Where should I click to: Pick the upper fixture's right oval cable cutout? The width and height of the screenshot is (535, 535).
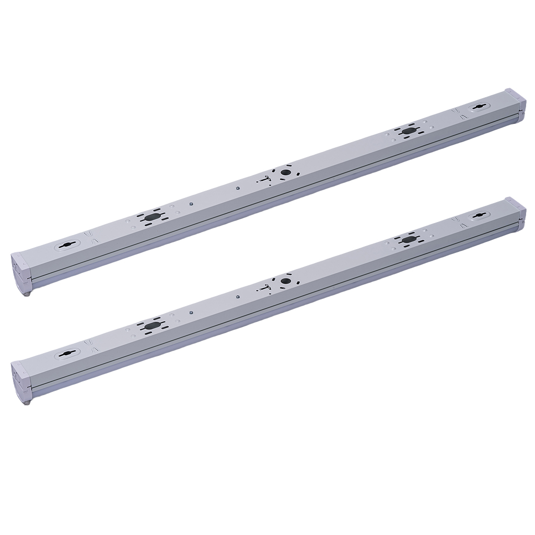pyautogui.click(x=408, y=131)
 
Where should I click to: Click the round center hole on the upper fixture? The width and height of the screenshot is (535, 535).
pyautogui.click(x=285, y=172)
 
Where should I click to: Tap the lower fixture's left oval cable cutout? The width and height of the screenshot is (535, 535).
pyautogui.click(x=150, y=325)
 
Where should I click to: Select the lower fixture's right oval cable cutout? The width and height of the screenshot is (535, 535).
pyautogui.click(x=408, y=239)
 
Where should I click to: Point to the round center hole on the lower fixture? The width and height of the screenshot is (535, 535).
pyautogui.click(x=285, y=281)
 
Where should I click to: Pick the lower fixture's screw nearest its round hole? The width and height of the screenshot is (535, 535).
pyautogui.click(x=238, y=297)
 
